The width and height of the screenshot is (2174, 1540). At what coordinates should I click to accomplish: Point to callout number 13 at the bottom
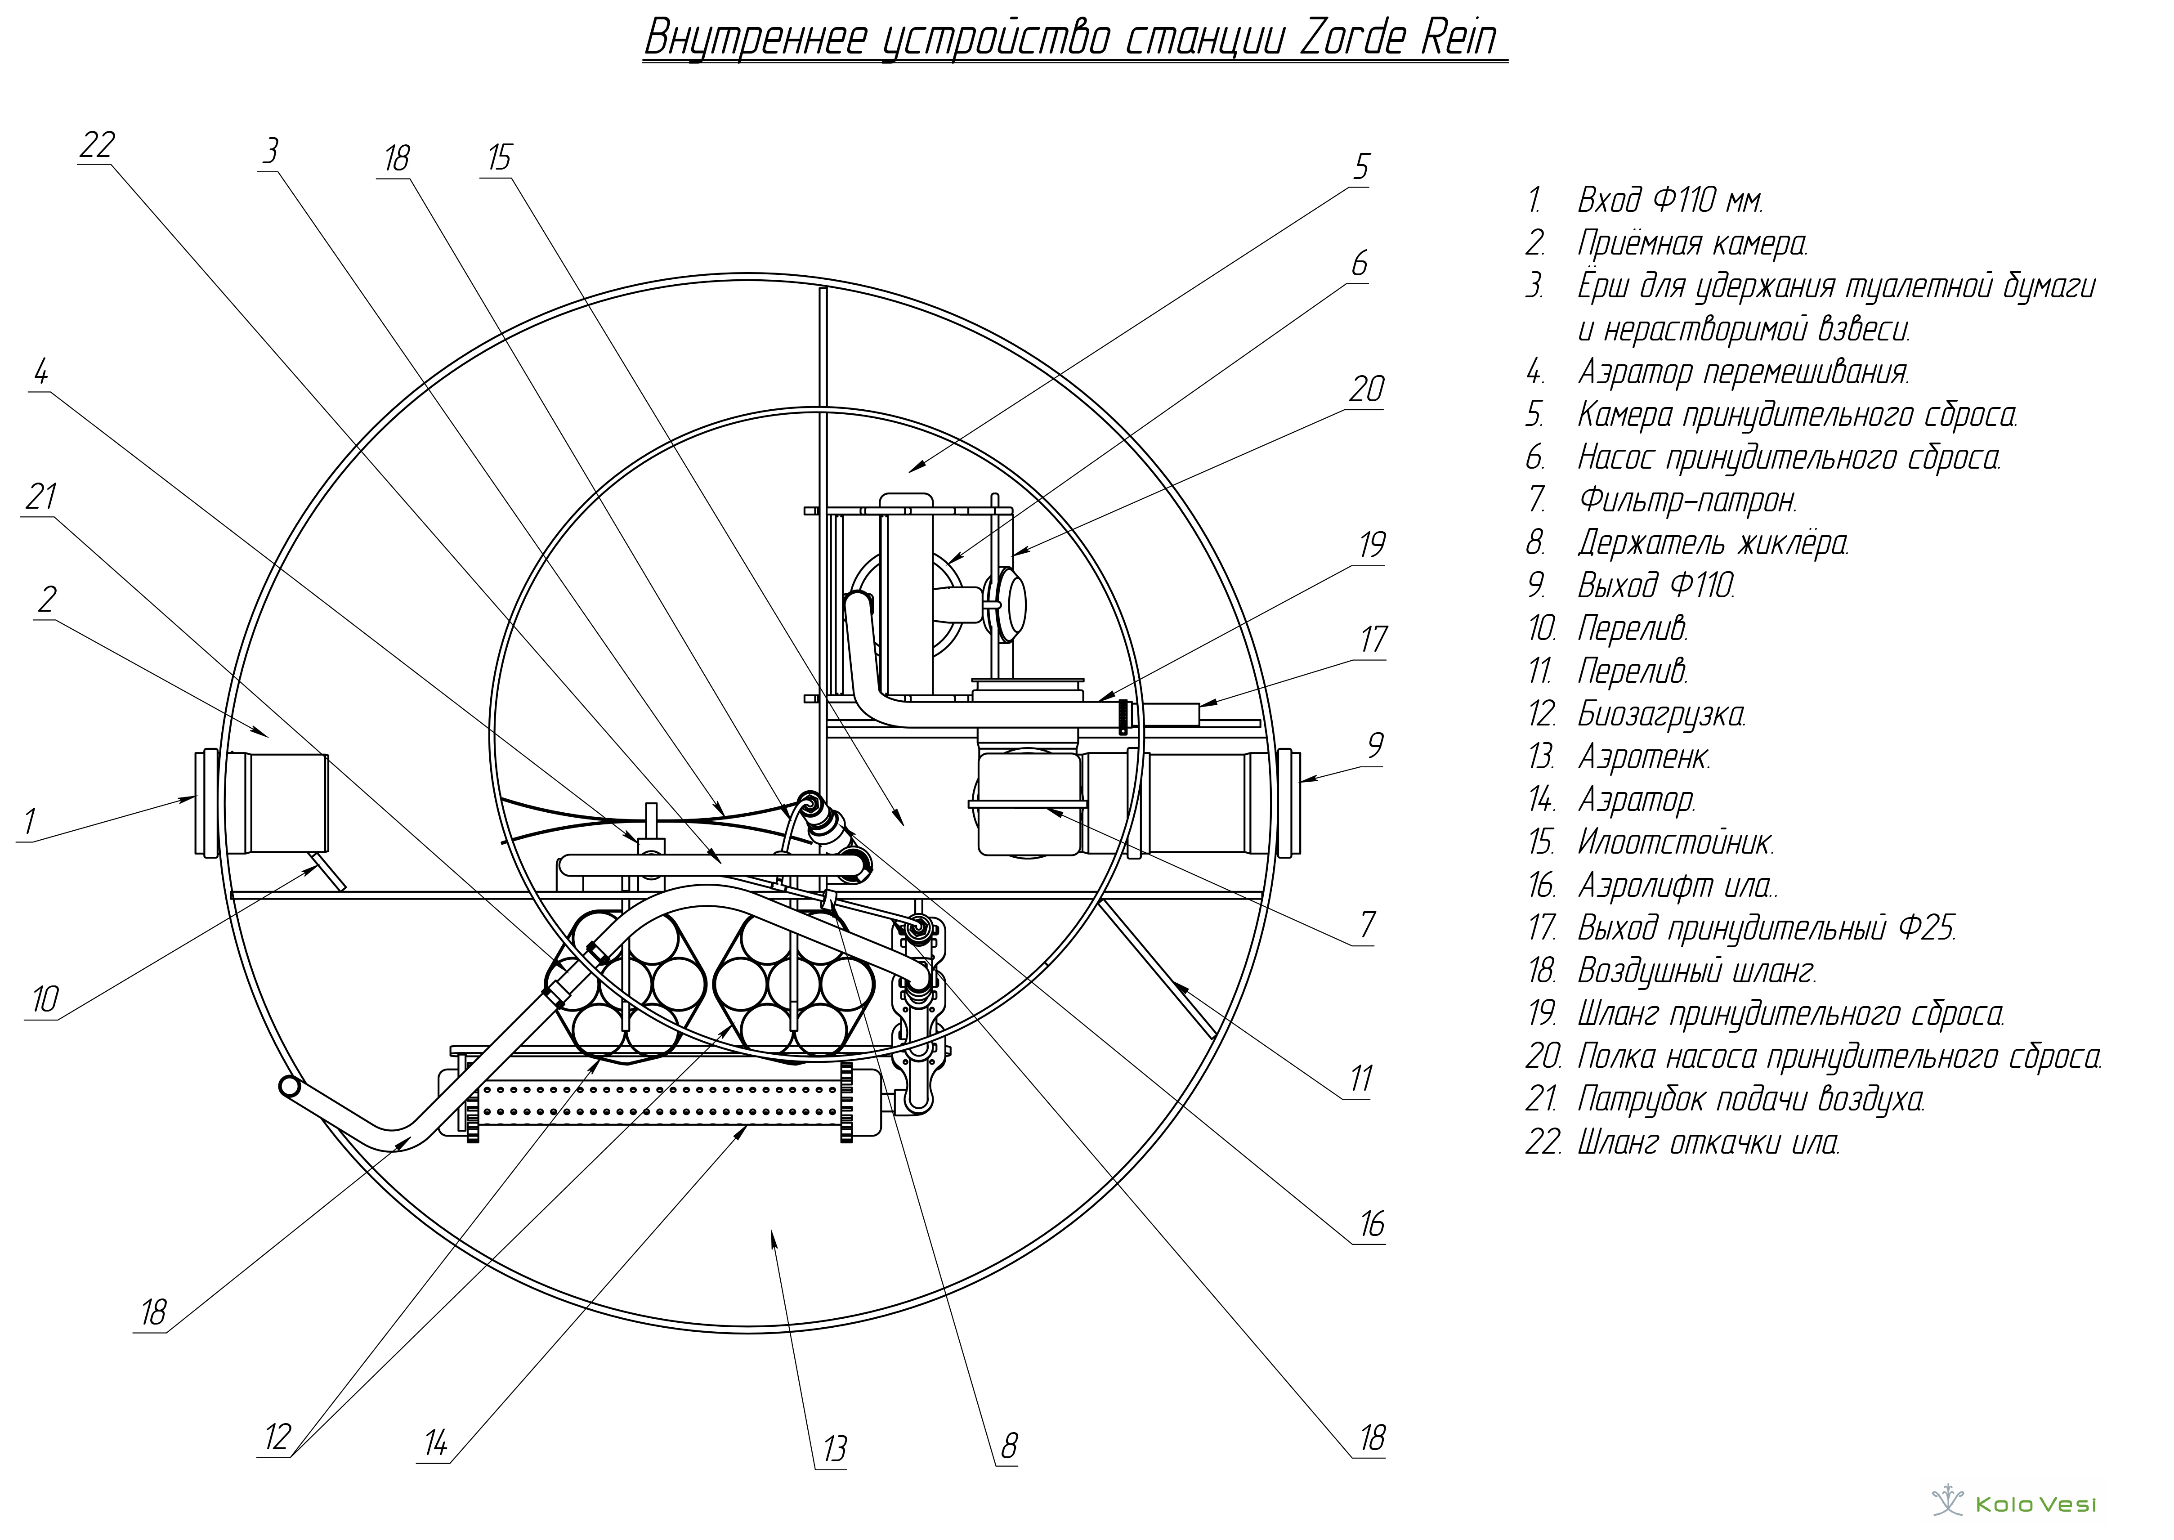(834, 1448)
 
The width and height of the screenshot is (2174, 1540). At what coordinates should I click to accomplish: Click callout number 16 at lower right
(1372, 1224)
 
